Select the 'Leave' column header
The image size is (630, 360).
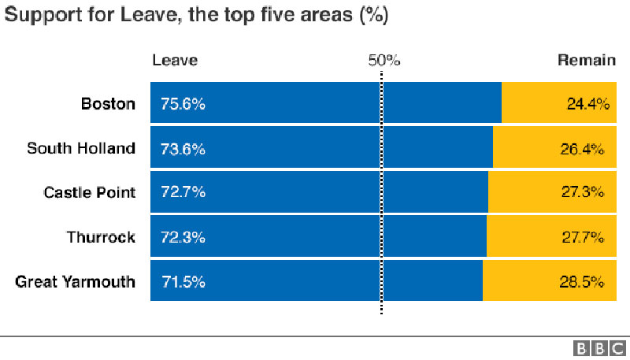click(175, 61)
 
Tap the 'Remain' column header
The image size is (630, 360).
click(586, 61)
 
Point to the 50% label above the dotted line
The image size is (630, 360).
click(384, 61)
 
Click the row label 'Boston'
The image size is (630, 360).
click(108, 103)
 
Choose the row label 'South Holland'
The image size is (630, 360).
click(81, 148)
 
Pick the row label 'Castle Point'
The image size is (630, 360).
click(89, 192)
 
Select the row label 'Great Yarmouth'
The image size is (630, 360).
click(76, 281)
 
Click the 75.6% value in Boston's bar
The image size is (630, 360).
click(183, 103)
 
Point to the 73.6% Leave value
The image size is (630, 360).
click(183, 148)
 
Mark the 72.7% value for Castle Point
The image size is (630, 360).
click(183, 192)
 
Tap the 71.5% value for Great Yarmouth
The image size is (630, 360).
click(183, 281)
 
